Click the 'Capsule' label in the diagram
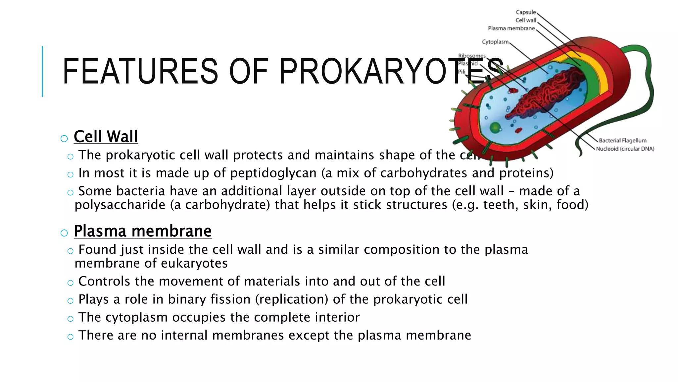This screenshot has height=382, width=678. pos(525,12)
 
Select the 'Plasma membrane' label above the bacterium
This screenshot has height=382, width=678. pos(511,29)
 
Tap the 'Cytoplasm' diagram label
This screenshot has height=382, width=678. pos(495,42)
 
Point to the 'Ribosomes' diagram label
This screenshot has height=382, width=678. pos(472,56)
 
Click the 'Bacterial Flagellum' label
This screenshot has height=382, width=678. pos(622,141)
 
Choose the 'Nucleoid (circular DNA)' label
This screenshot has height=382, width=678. pos(625,149)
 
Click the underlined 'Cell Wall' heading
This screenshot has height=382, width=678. pos(106,137)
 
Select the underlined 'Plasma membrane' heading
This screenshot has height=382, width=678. pos(143,231)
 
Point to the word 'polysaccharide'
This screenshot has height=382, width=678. pos(120,205)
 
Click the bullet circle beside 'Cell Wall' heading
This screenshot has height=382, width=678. pos(64,139)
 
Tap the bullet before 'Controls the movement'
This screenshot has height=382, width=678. pos(70,283)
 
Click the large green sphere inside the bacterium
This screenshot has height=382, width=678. pos(495,128)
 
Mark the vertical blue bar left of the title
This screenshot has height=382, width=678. pos(42,71)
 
